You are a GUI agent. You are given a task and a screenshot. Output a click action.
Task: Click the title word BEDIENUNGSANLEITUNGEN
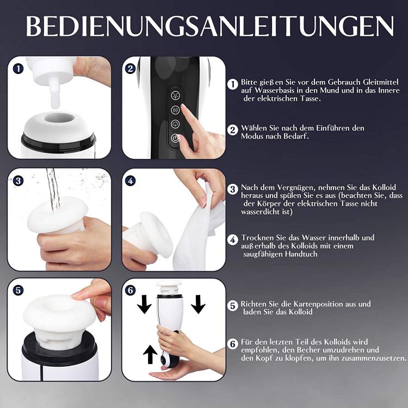click(x=210, y=26)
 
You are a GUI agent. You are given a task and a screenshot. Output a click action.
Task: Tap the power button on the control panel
click(x=175, y=138)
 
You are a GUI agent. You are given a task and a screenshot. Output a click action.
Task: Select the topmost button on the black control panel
click(x=175, y=96)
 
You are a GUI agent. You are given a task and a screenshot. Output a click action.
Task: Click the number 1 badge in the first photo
click(x=18, y=69)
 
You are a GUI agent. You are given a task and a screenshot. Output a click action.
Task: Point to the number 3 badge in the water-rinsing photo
click(x=18, y=181)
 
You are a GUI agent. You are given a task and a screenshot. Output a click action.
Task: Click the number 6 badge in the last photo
click(x=131, y=290)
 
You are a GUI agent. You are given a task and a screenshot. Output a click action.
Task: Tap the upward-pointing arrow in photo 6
click(x=150, y=354)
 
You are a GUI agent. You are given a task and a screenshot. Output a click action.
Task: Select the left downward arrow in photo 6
click(x=144, y=304)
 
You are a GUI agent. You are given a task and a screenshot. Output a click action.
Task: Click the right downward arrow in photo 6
click(x=198, y=304)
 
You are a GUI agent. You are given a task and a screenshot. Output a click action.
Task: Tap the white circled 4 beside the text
click(x=233, y=240)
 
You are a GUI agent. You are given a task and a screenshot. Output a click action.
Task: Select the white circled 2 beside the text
click(x=233, y=130)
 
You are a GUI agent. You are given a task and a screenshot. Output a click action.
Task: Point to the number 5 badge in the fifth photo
click(x=18, y=290)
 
